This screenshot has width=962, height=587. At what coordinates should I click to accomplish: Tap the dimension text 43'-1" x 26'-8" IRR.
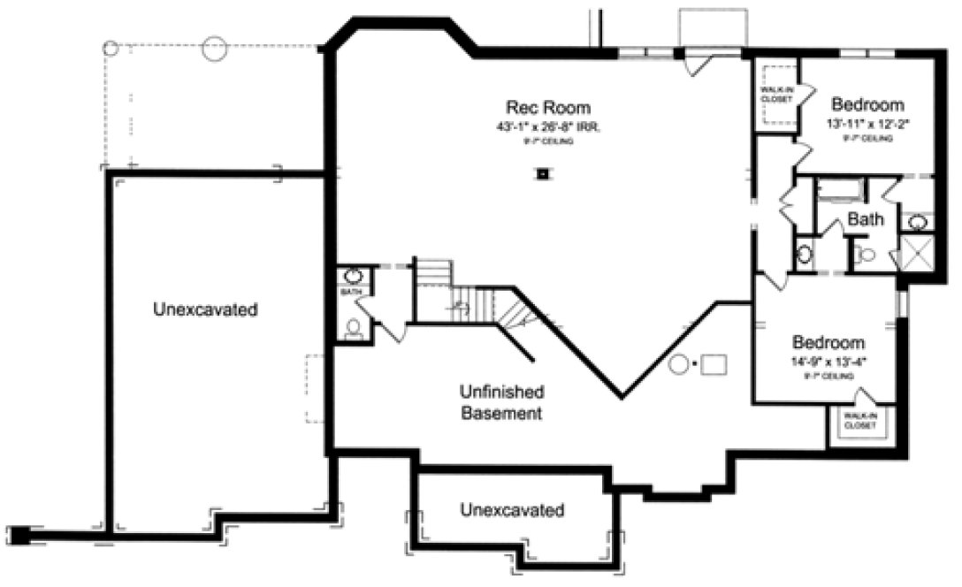tap(547, 127)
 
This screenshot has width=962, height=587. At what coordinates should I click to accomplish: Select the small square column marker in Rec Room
tap(541, 173)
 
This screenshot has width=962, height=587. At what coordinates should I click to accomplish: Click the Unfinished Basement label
tap(500, 402)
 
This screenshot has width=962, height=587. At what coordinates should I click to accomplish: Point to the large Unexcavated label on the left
tap(205, 310)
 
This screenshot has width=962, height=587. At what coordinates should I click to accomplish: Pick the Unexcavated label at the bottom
tap(512, 510)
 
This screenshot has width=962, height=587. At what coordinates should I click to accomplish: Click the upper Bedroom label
tap(867, 104)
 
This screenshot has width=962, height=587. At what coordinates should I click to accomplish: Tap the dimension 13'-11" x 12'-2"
tap(867, 124)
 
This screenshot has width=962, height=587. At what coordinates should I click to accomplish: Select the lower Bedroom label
tap(828, 342)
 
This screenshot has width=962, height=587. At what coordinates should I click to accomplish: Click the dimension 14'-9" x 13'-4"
tap(828, 362)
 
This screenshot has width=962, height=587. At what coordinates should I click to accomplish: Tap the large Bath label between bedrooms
tap(865, 219)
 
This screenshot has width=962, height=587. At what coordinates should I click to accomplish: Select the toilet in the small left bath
tap(354, 329)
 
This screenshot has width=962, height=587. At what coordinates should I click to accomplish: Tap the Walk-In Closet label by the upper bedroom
tap(775, 94)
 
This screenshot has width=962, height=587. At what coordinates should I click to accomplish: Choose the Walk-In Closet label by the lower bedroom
tap(859, 420)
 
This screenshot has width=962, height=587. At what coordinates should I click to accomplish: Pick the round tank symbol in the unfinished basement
tap(680, 363)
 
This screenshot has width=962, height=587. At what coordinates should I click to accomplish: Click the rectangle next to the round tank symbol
tap(714, 363)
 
